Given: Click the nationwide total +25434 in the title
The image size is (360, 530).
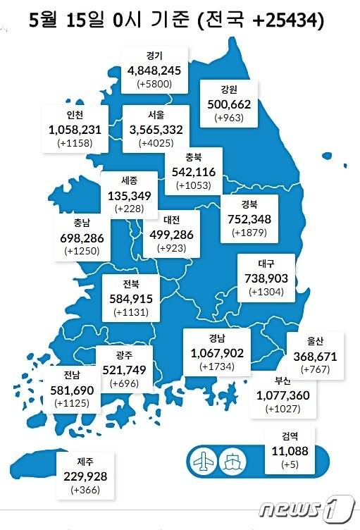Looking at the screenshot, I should (284, 22).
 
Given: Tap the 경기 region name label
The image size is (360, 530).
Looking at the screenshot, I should (155, 56).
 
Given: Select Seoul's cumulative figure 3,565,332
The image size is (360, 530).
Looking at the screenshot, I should (156, 128).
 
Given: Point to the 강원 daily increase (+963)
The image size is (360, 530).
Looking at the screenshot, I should (229, 118).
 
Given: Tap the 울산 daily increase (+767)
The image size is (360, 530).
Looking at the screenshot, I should (310, 370).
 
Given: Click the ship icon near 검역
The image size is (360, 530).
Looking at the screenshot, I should (232, 460).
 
